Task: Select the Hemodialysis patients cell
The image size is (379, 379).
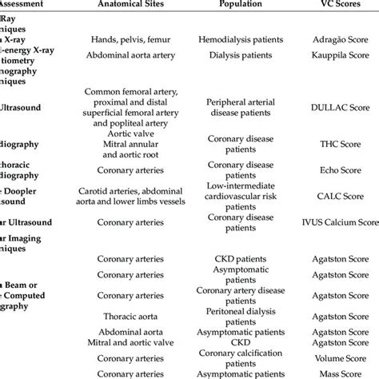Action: click(x=241, y=38)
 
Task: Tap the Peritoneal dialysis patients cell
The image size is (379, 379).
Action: click(x=241, y=315)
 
